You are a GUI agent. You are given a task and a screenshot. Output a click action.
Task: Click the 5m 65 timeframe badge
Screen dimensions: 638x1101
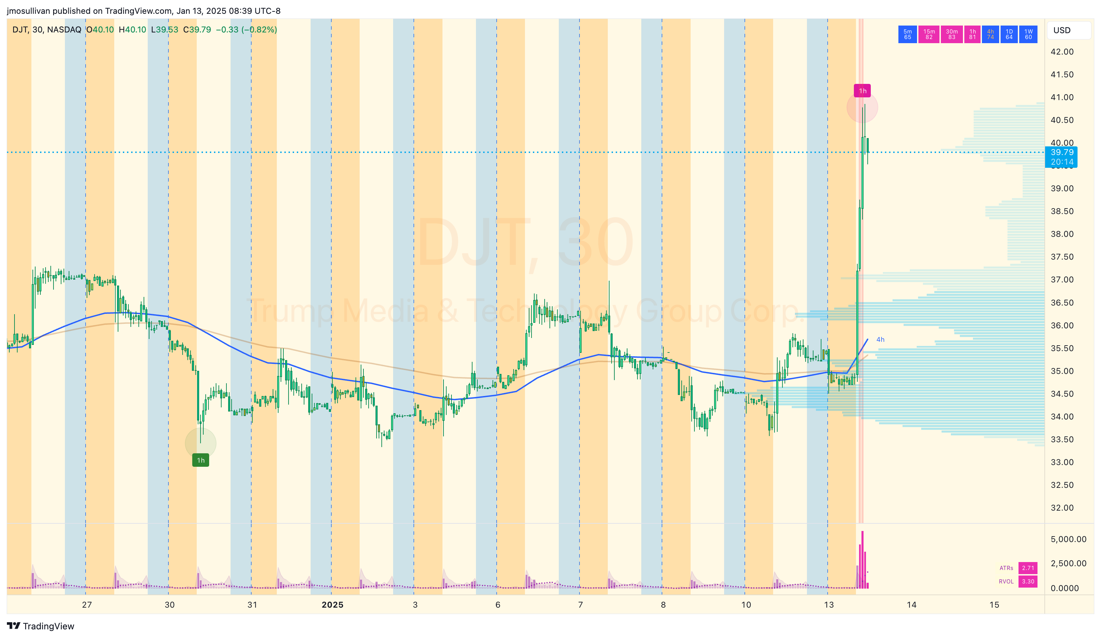907,34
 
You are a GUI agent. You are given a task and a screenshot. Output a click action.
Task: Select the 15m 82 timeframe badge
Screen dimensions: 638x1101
929,34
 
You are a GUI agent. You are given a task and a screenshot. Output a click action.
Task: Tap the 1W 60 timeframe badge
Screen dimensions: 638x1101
1028,34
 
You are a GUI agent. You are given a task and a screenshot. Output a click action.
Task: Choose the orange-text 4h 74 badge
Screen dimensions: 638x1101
990,34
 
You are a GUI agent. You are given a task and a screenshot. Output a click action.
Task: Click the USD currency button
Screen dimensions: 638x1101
1062,30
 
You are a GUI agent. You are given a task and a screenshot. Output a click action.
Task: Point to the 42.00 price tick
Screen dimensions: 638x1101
1062,51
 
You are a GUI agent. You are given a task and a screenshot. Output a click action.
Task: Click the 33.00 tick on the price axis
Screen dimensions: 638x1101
1062,462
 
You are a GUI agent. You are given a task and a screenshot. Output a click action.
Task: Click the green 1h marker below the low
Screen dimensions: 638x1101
201,460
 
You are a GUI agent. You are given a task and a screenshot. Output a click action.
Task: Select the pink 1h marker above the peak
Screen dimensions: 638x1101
862,91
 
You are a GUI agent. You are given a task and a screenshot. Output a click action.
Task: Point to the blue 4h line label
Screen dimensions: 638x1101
880,339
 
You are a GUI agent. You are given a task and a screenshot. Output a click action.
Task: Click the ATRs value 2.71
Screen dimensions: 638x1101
1027,568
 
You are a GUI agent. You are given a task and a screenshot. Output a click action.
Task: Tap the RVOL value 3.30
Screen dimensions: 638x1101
1027,581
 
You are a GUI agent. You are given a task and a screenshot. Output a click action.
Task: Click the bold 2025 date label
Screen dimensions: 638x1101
332,605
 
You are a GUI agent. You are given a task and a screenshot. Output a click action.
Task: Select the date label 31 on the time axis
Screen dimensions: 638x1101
252,605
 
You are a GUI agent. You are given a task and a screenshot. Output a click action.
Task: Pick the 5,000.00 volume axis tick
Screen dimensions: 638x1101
1068,539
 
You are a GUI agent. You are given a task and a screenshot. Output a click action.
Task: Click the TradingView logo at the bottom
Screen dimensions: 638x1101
41,626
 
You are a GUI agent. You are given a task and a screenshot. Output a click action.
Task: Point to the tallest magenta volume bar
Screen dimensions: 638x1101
863,559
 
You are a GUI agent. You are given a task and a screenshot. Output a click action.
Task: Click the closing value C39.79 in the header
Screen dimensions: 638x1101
197,30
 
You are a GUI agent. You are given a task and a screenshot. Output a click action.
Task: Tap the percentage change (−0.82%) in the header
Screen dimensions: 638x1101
259,30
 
